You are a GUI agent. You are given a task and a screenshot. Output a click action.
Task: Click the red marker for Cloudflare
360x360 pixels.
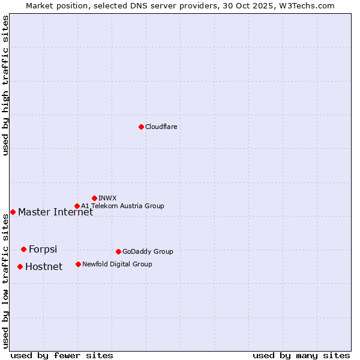[141, 127]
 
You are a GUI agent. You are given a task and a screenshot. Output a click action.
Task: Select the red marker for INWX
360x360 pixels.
[94, 198]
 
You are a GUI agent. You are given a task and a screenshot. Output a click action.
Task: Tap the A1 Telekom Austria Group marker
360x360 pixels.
[77, 206]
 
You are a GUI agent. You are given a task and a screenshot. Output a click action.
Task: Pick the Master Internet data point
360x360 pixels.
[13, 212]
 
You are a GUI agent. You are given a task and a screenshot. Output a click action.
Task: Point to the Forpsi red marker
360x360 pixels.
[23, 249]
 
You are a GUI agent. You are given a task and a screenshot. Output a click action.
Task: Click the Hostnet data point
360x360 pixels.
[20, 266]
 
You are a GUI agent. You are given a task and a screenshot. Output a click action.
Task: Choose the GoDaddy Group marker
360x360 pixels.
[118, 251]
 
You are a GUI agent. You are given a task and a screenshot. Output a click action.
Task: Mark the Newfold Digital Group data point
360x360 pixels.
[78, 264]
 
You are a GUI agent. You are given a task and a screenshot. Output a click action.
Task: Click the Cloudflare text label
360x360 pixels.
[161, 127]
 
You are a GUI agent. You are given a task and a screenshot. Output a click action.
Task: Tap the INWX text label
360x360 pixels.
[107, 198]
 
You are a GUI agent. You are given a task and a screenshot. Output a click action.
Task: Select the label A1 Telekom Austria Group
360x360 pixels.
[122, 206]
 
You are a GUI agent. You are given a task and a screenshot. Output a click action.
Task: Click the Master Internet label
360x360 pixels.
[55, 212]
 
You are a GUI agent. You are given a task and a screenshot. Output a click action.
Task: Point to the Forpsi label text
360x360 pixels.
[43, 249]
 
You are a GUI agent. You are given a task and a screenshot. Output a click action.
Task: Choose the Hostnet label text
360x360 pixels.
[44, 266]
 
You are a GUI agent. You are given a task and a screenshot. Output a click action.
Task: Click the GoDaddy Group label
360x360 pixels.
[148, 251]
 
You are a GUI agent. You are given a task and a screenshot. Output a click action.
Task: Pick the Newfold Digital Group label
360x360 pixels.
[117, 264]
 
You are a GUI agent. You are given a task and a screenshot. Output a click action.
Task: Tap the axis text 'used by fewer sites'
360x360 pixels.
[62, 355]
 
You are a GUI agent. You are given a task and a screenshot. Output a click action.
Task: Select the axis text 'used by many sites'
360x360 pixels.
[301, 355]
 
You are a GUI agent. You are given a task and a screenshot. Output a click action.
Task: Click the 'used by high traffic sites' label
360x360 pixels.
[5, 86]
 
